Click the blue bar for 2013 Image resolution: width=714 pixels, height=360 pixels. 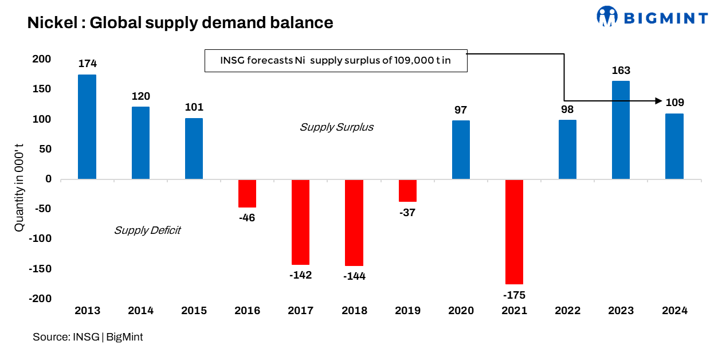(87, 127)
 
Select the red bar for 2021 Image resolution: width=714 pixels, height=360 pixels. (514, 232)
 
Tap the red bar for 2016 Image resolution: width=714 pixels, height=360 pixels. (247, 193)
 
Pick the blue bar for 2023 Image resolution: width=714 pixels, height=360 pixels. (621, 130)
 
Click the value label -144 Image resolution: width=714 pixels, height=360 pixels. (354, 276)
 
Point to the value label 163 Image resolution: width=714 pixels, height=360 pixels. (621, 71)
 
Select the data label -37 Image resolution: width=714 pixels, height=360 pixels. (407, 212)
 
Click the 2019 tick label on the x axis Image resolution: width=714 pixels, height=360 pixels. (407, 311)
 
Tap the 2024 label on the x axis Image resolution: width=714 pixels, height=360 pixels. (674, 311)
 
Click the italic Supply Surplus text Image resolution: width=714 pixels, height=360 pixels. (336, 127)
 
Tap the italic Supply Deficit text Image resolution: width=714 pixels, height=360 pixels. (147, 230)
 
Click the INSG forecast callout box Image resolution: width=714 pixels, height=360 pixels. (336, 61)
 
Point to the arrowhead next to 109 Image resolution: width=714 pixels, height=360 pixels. (658, 101)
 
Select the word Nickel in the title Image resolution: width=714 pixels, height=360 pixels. (50, 23)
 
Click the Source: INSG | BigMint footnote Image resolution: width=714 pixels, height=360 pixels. (88, 337)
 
